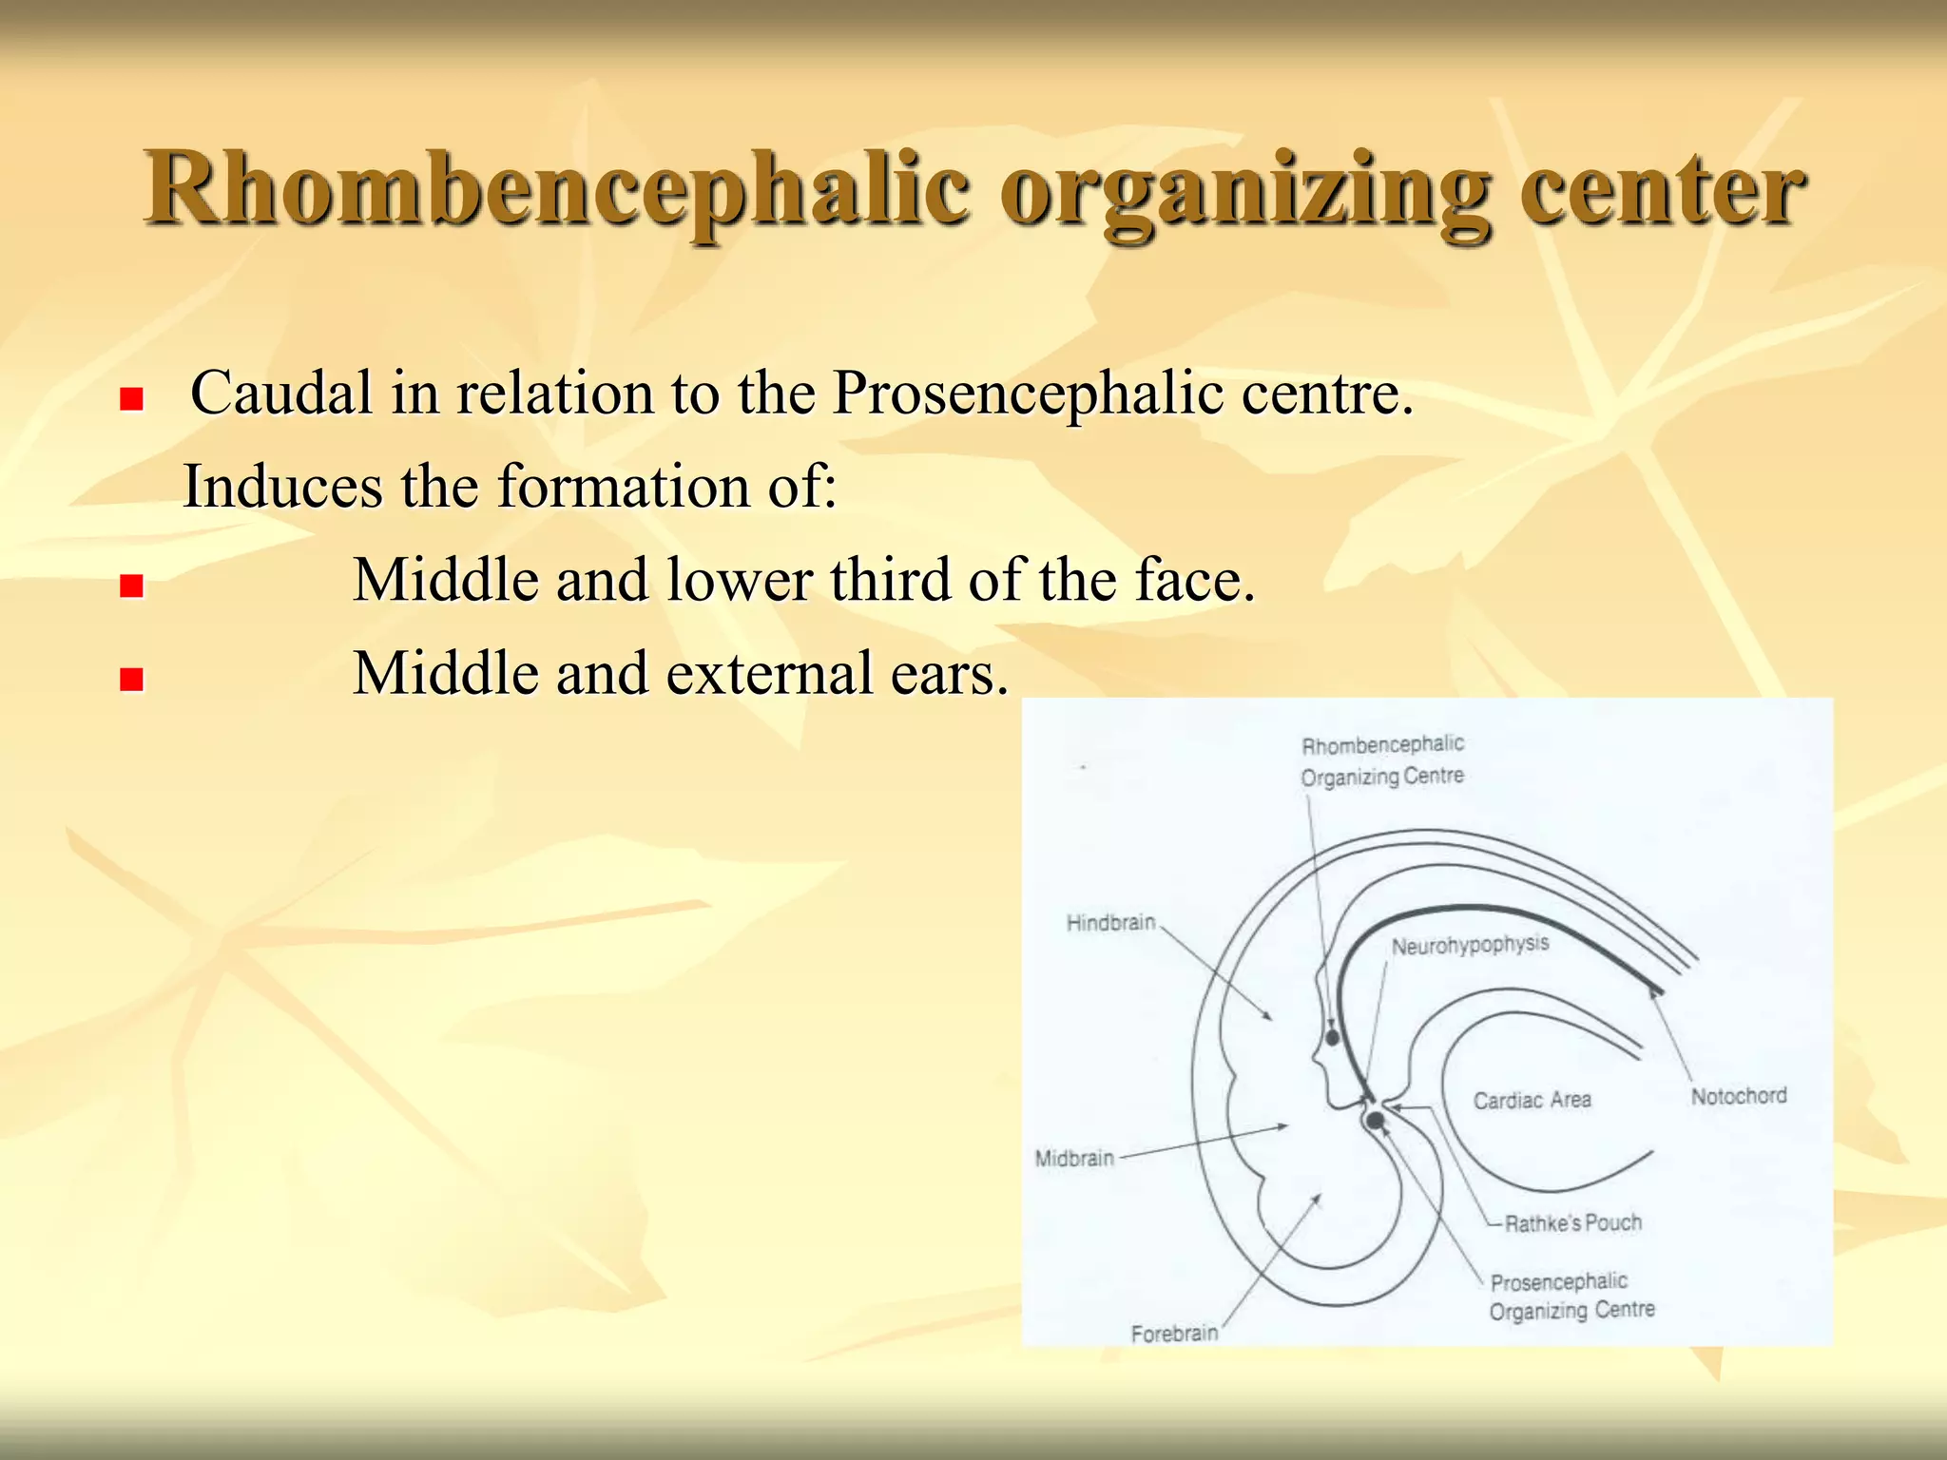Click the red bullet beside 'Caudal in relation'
tap(131, 398)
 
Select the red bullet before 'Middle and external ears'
tap(131, 679)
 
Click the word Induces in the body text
tap(282, 486)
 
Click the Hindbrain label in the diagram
tap(1110, 923)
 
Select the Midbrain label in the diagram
tap(1074, 1158)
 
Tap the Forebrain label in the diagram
tap(1174, 1333)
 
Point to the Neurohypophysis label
tap(1470, 945)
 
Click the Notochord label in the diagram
tap(1738, 1096)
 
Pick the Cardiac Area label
tap(1532, 1100)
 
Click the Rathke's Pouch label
tap(1572, 1222)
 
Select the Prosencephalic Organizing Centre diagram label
tap(1571, 1297)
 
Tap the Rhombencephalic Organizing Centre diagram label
tap(1382, 760)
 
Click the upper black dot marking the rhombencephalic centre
tap(1333, 1037)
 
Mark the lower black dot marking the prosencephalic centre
tap(1375, 1121)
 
